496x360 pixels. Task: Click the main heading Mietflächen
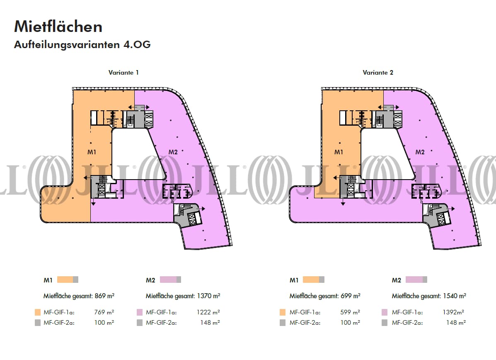coord(58,27)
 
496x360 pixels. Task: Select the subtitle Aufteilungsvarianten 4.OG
coord(82,45)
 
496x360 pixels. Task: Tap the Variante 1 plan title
coord(123,73)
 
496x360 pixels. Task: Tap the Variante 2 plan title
coord(378,73)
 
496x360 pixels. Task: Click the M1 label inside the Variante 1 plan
coord(92,152)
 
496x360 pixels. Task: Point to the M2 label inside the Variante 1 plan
coord(173,152)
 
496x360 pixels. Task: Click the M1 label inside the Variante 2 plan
coord(339,152)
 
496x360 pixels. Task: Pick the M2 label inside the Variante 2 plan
coord(420,152)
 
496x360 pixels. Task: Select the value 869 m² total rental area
coord(105,296)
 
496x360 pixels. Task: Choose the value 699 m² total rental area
coord(351,296)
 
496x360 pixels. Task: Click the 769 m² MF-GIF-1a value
coord(105,312)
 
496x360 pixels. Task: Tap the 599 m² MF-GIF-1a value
coord(351,312)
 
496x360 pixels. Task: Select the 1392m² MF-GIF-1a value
coord(455,312)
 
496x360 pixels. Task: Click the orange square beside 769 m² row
coord(37,312)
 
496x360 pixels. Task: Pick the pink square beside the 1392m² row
coord(385,312)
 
